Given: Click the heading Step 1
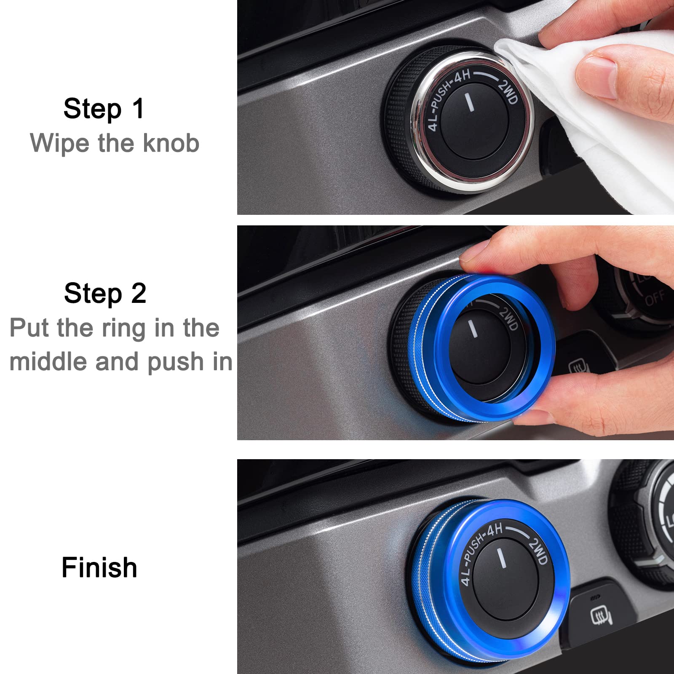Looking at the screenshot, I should pyautogui.click(x=104, y=109).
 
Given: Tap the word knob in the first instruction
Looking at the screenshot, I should pyautogui.click(x=171, y=143).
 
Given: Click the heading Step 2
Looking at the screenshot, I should pyautogui.click(x=105, y=293).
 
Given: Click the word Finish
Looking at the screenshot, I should pyautogui.click(x=99, y=567).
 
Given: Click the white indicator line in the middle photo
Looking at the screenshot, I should pyautogui.click(x=473, y=329).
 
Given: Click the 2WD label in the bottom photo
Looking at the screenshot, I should pyautogui.click(x=538, y=551).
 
